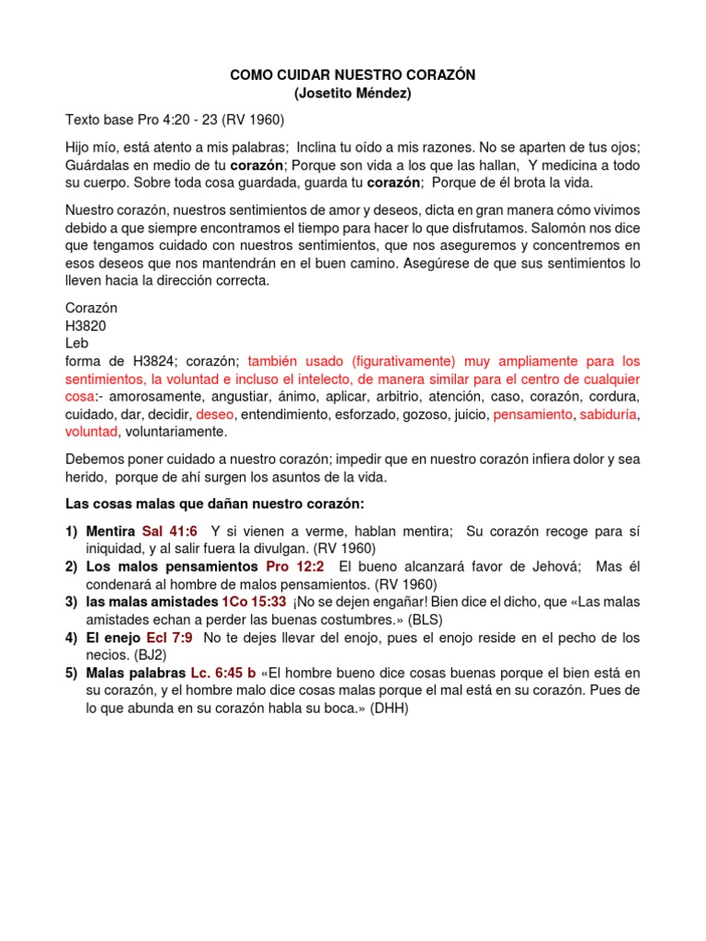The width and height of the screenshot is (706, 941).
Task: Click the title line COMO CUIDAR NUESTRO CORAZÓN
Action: click(352, 75)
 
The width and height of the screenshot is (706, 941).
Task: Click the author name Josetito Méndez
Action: click(352, 94)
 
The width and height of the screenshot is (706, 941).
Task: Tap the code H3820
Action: click(88, 324)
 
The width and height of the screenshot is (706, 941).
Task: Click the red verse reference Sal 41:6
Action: click(171, 530)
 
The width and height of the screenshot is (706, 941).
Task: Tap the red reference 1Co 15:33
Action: click(254, 601)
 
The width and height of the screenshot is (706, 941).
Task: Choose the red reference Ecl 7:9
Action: click(171, 637)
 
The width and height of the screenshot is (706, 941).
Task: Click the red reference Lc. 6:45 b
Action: click(226, 672)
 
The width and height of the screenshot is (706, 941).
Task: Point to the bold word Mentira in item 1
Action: click(110, 530)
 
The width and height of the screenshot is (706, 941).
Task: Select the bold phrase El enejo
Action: click(113, 637)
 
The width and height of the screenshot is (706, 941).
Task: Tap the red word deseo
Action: click(215, 414)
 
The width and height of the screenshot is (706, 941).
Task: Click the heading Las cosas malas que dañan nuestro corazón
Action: click(215, 504)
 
